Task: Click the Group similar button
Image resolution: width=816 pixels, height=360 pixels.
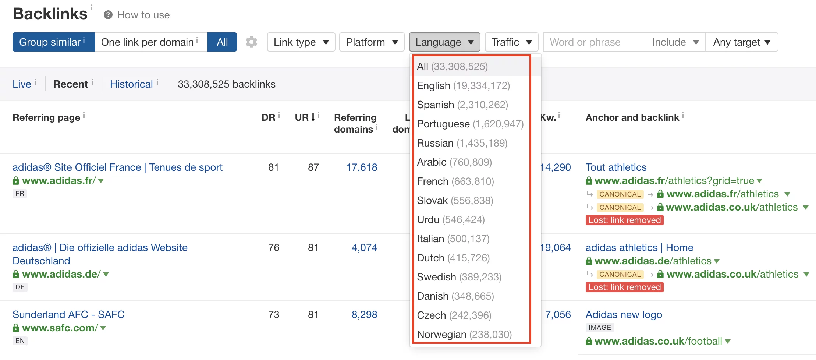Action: [x=53, y=42]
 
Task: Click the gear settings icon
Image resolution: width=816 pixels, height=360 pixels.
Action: [x=252, y=42]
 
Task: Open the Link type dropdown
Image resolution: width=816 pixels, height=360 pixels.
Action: [x=301, y=42]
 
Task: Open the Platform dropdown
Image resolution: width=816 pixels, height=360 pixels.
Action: [x=372, y=42]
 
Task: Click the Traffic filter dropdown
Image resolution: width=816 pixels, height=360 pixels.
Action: [x=511, y=42]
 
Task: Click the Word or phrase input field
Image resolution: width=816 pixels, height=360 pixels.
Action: [x=596, y=42]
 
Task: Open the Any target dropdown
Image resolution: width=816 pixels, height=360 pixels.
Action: [x=741, y=42]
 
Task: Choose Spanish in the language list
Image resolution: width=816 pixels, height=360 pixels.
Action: [x=462, y=105]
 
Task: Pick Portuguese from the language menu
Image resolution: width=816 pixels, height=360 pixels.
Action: [x=470, y=124]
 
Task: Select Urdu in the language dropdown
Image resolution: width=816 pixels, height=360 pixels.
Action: [x=451, y=220]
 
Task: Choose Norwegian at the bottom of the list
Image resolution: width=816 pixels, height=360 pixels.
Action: [x=464, y=335]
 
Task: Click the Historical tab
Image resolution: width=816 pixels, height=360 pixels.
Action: [x=131, y=84]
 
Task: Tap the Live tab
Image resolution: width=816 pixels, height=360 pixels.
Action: [x=22, y=84]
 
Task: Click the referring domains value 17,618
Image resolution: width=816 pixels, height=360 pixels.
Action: [x=362, y=167]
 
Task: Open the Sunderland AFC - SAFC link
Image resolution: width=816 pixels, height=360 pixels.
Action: [x=68, y=315]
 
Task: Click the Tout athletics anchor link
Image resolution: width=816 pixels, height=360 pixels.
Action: [x=616, y=167]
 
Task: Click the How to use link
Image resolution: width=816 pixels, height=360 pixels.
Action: [x=143, y=15]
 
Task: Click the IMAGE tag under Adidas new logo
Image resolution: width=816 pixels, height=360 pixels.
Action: [x=600, y=328]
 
